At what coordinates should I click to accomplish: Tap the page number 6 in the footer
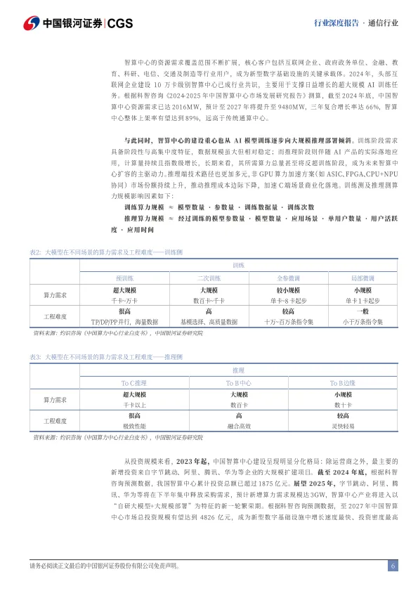coord(393,566)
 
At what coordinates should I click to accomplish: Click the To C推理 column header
coord(133,383)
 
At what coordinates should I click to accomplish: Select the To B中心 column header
coord(239,383)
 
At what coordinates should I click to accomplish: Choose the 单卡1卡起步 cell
coord(363,299)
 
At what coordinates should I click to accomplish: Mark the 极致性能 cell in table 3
coord(133,427)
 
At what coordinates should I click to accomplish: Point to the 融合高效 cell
coord(239,427)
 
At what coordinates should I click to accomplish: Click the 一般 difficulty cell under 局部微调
coord(363,311)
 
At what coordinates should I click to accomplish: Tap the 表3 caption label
coord(36,358)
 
